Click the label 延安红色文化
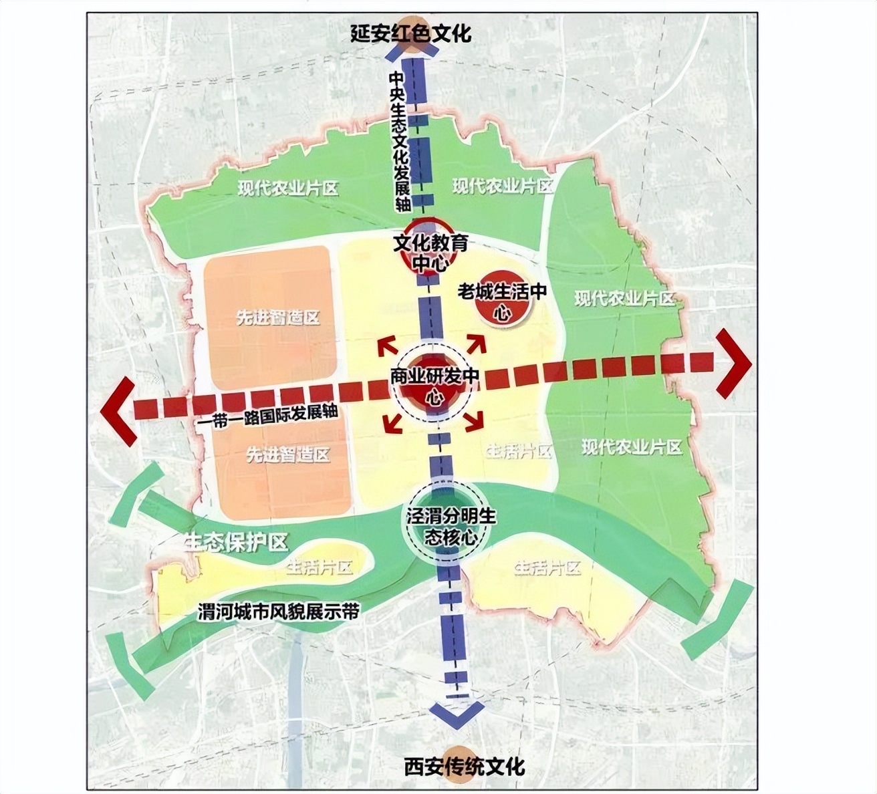click(x=410, y=34)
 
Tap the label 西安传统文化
click(x=465, y=766)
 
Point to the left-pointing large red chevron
click(x=118, y=410)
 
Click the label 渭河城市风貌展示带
click(x=279, y=612)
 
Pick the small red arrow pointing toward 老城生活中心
click(x=476, y=344)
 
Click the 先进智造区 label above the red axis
click(x=277, y=318)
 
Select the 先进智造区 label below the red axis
click(x=288, y=455)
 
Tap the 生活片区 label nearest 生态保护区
click(x=319, y=568)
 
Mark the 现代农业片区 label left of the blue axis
click(x=288, y=188)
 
